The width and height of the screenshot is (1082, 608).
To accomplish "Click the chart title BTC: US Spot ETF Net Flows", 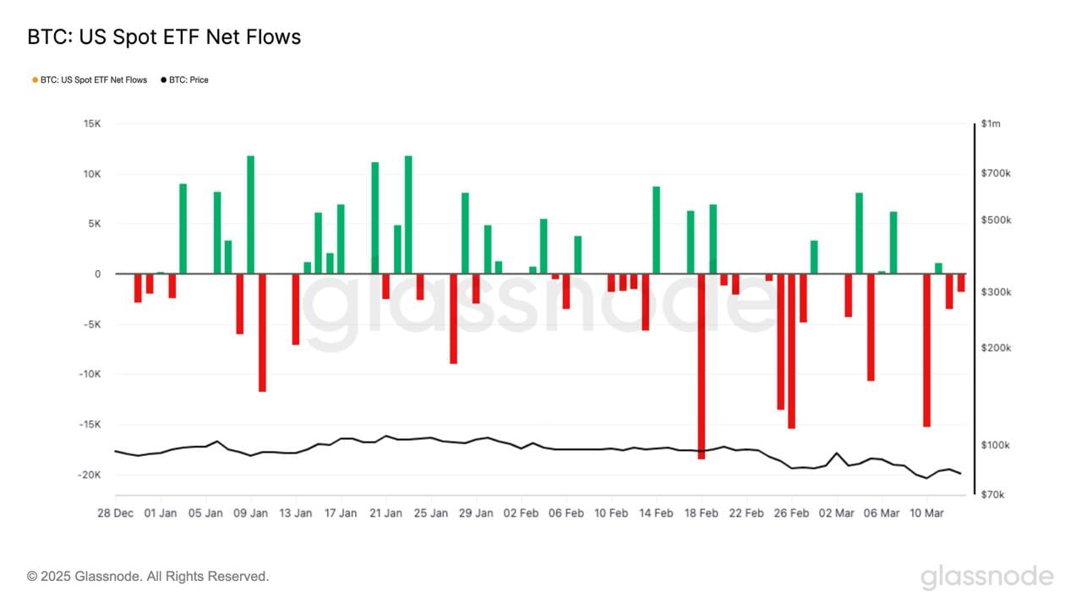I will [164, 37].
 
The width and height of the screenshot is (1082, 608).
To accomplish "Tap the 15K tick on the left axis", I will [91, 124].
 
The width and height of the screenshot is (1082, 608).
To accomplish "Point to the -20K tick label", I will [89, 475].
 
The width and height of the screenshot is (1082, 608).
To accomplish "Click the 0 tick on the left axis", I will [97, 274].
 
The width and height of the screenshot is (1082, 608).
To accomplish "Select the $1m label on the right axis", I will [992, 124].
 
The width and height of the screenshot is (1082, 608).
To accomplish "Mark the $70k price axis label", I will [993, 495].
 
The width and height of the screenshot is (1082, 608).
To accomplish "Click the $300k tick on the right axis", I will [996, 292].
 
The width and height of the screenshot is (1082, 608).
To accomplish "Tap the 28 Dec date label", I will [115, 513].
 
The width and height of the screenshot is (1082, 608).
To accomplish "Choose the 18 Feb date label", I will [701, 513].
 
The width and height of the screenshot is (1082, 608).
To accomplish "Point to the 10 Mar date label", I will [926, 513].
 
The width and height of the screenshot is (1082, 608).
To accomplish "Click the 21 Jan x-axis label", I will [385, 513].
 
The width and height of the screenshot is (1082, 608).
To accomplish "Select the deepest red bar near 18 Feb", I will [702, 366].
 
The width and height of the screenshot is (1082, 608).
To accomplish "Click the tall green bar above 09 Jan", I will [251, 214].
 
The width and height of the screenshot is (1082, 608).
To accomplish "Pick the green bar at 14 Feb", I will [656, 230].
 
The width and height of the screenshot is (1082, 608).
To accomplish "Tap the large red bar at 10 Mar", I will [926, 350].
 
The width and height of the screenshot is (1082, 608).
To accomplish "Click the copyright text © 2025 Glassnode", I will [148, 577].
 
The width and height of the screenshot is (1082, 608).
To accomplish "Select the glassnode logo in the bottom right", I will [987, 578].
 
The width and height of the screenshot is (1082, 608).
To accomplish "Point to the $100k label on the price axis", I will [996, 446].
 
